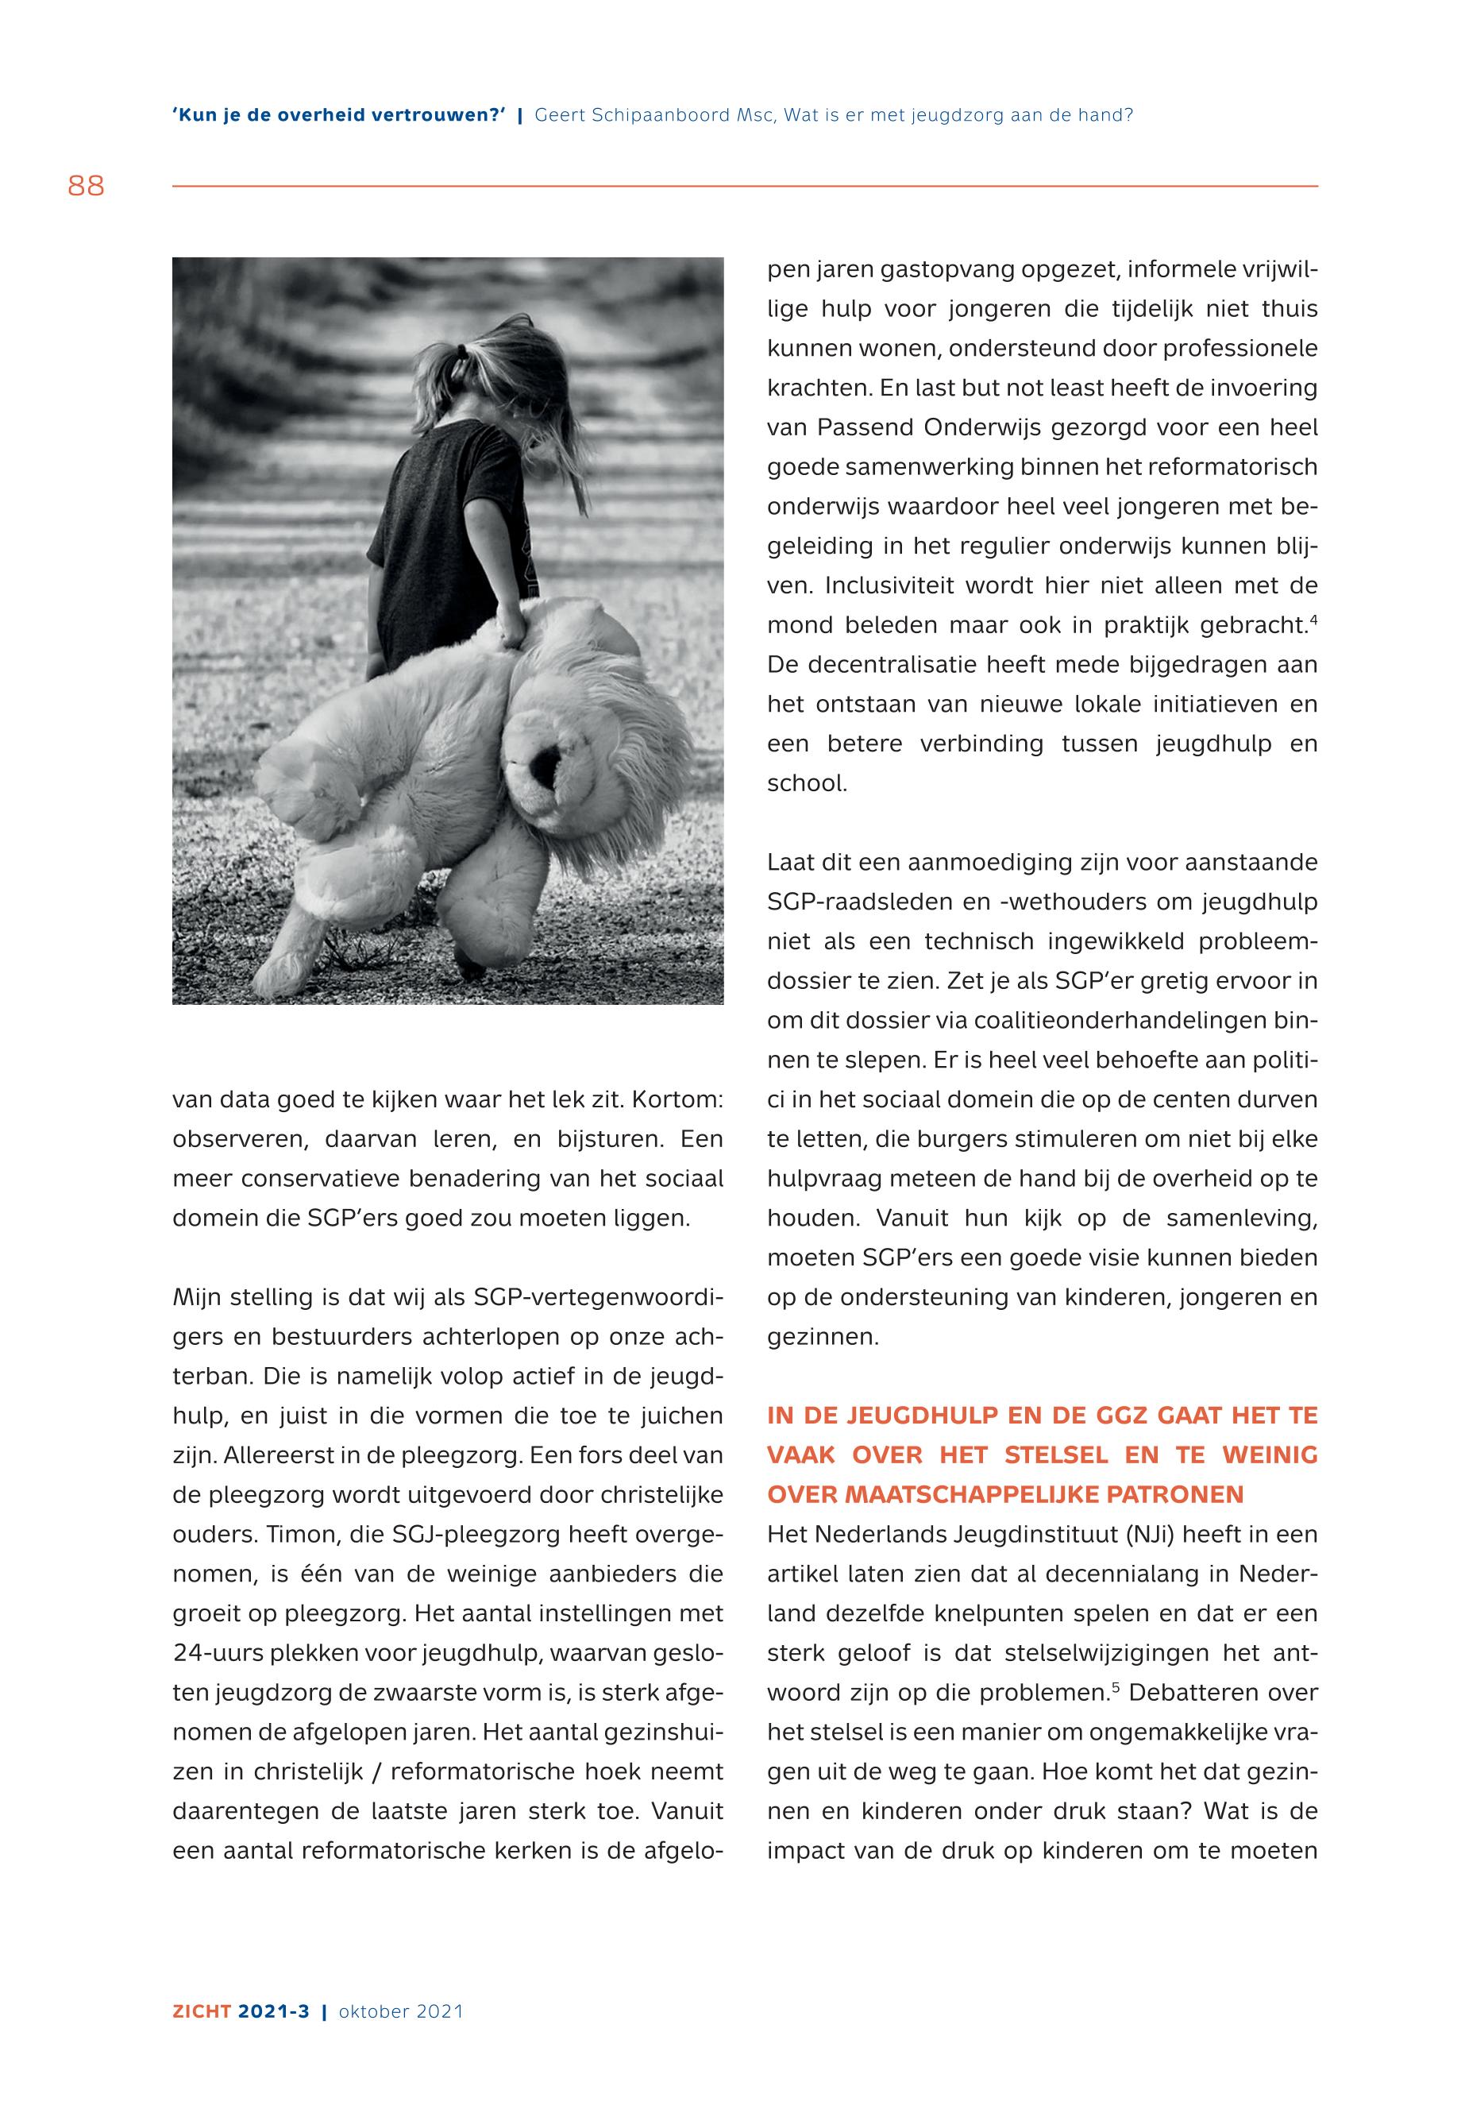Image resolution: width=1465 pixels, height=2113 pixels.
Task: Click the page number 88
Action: click(x=87, y=187)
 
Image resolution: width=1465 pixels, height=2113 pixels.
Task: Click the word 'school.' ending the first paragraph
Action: click(x=807, y=783)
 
